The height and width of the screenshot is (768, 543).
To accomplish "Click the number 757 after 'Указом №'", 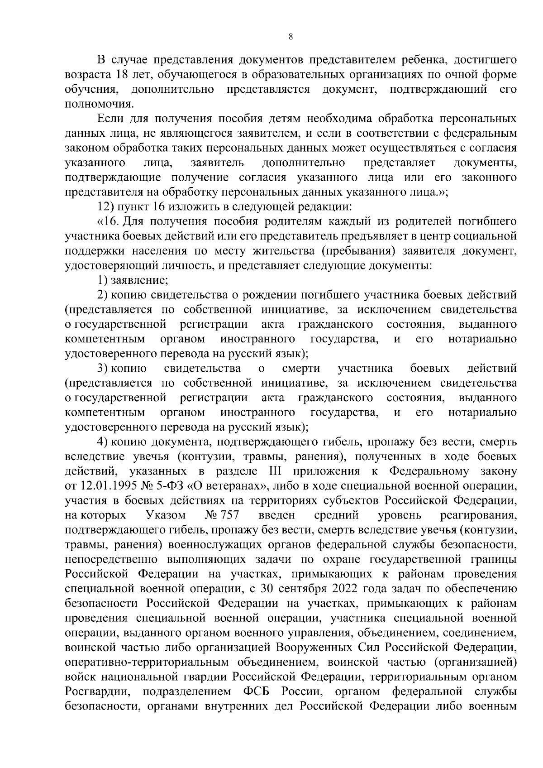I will (x=229, y=515).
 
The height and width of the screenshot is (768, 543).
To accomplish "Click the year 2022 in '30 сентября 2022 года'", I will (x=348, y=588).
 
